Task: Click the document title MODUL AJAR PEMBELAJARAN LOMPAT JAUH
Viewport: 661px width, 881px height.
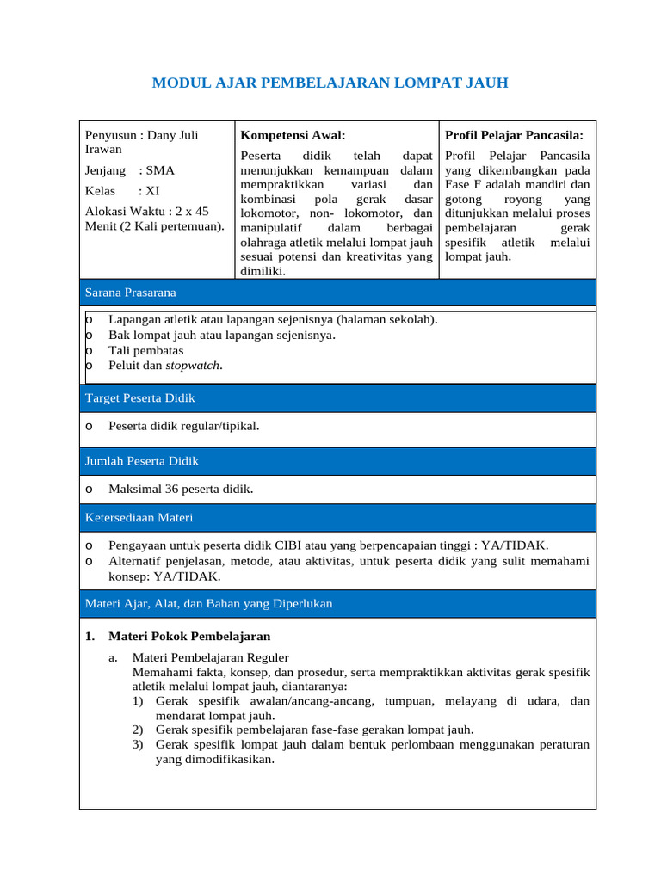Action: pyautogui.click(x=330, y=83)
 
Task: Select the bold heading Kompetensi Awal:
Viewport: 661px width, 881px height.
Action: pyautogui.click(x=293, y=135)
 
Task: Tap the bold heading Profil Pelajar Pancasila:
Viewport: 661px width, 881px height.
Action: pyautogui.click(x=514, y=135)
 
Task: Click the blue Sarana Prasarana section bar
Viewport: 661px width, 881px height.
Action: pyautogui.click(x=337, y=293)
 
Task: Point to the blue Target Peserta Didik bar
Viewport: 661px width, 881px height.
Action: pyautogui.click(x=337, y=398)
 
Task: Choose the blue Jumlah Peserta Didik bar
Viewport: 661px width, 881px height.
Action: pyautogui.click(x=337, y=461)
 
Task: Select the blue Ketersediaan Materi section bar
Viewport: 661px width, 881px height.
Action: pyautogui.click(x=337, y=517)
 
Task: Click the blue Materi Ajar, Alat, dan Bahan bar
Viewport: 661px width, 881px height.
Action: pyautogui.click(x=337, y=604)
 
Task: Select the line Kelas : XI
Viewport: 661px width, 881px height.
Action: pyautogui.click(x=122, y=191)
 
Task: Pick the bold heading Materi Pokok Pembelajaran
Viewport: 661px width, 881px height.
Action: pyautogui.click(x=189, y=637)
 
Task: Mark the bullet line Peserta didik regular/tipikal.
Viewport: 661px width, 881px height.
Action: pyautogui.click(x=183, y=426)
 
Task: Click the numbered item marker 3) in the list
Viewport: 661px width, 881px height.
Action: pyautogui.click(x=138, y=744)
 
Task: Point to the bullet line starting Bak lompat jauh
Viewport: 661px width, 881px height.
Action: pyautogui.click(x=221, y=335)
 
